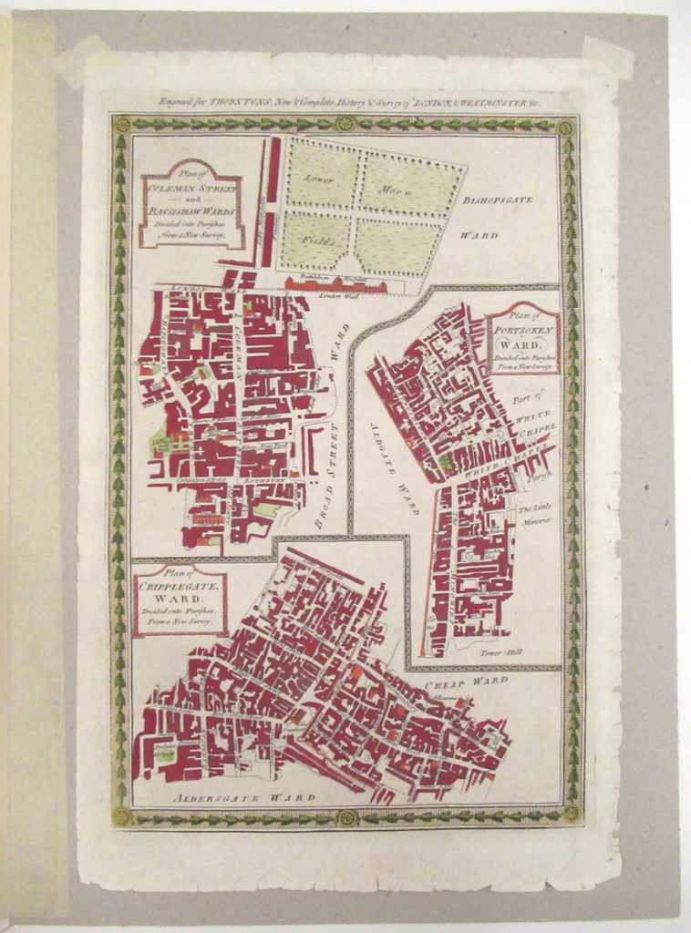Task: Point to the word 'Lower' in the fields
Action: (x=319, y=178)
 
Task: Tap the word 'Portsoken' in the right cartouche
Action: (x=524, y=332)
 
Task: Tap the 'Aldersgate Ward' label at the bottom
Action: (x=244, y=797)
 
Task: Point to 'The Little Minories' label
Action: (x=535, y=515)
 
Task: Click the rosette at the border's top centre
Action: (x=345, y=123)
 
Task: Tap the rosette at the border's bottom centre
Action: (x=345, y=817)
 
